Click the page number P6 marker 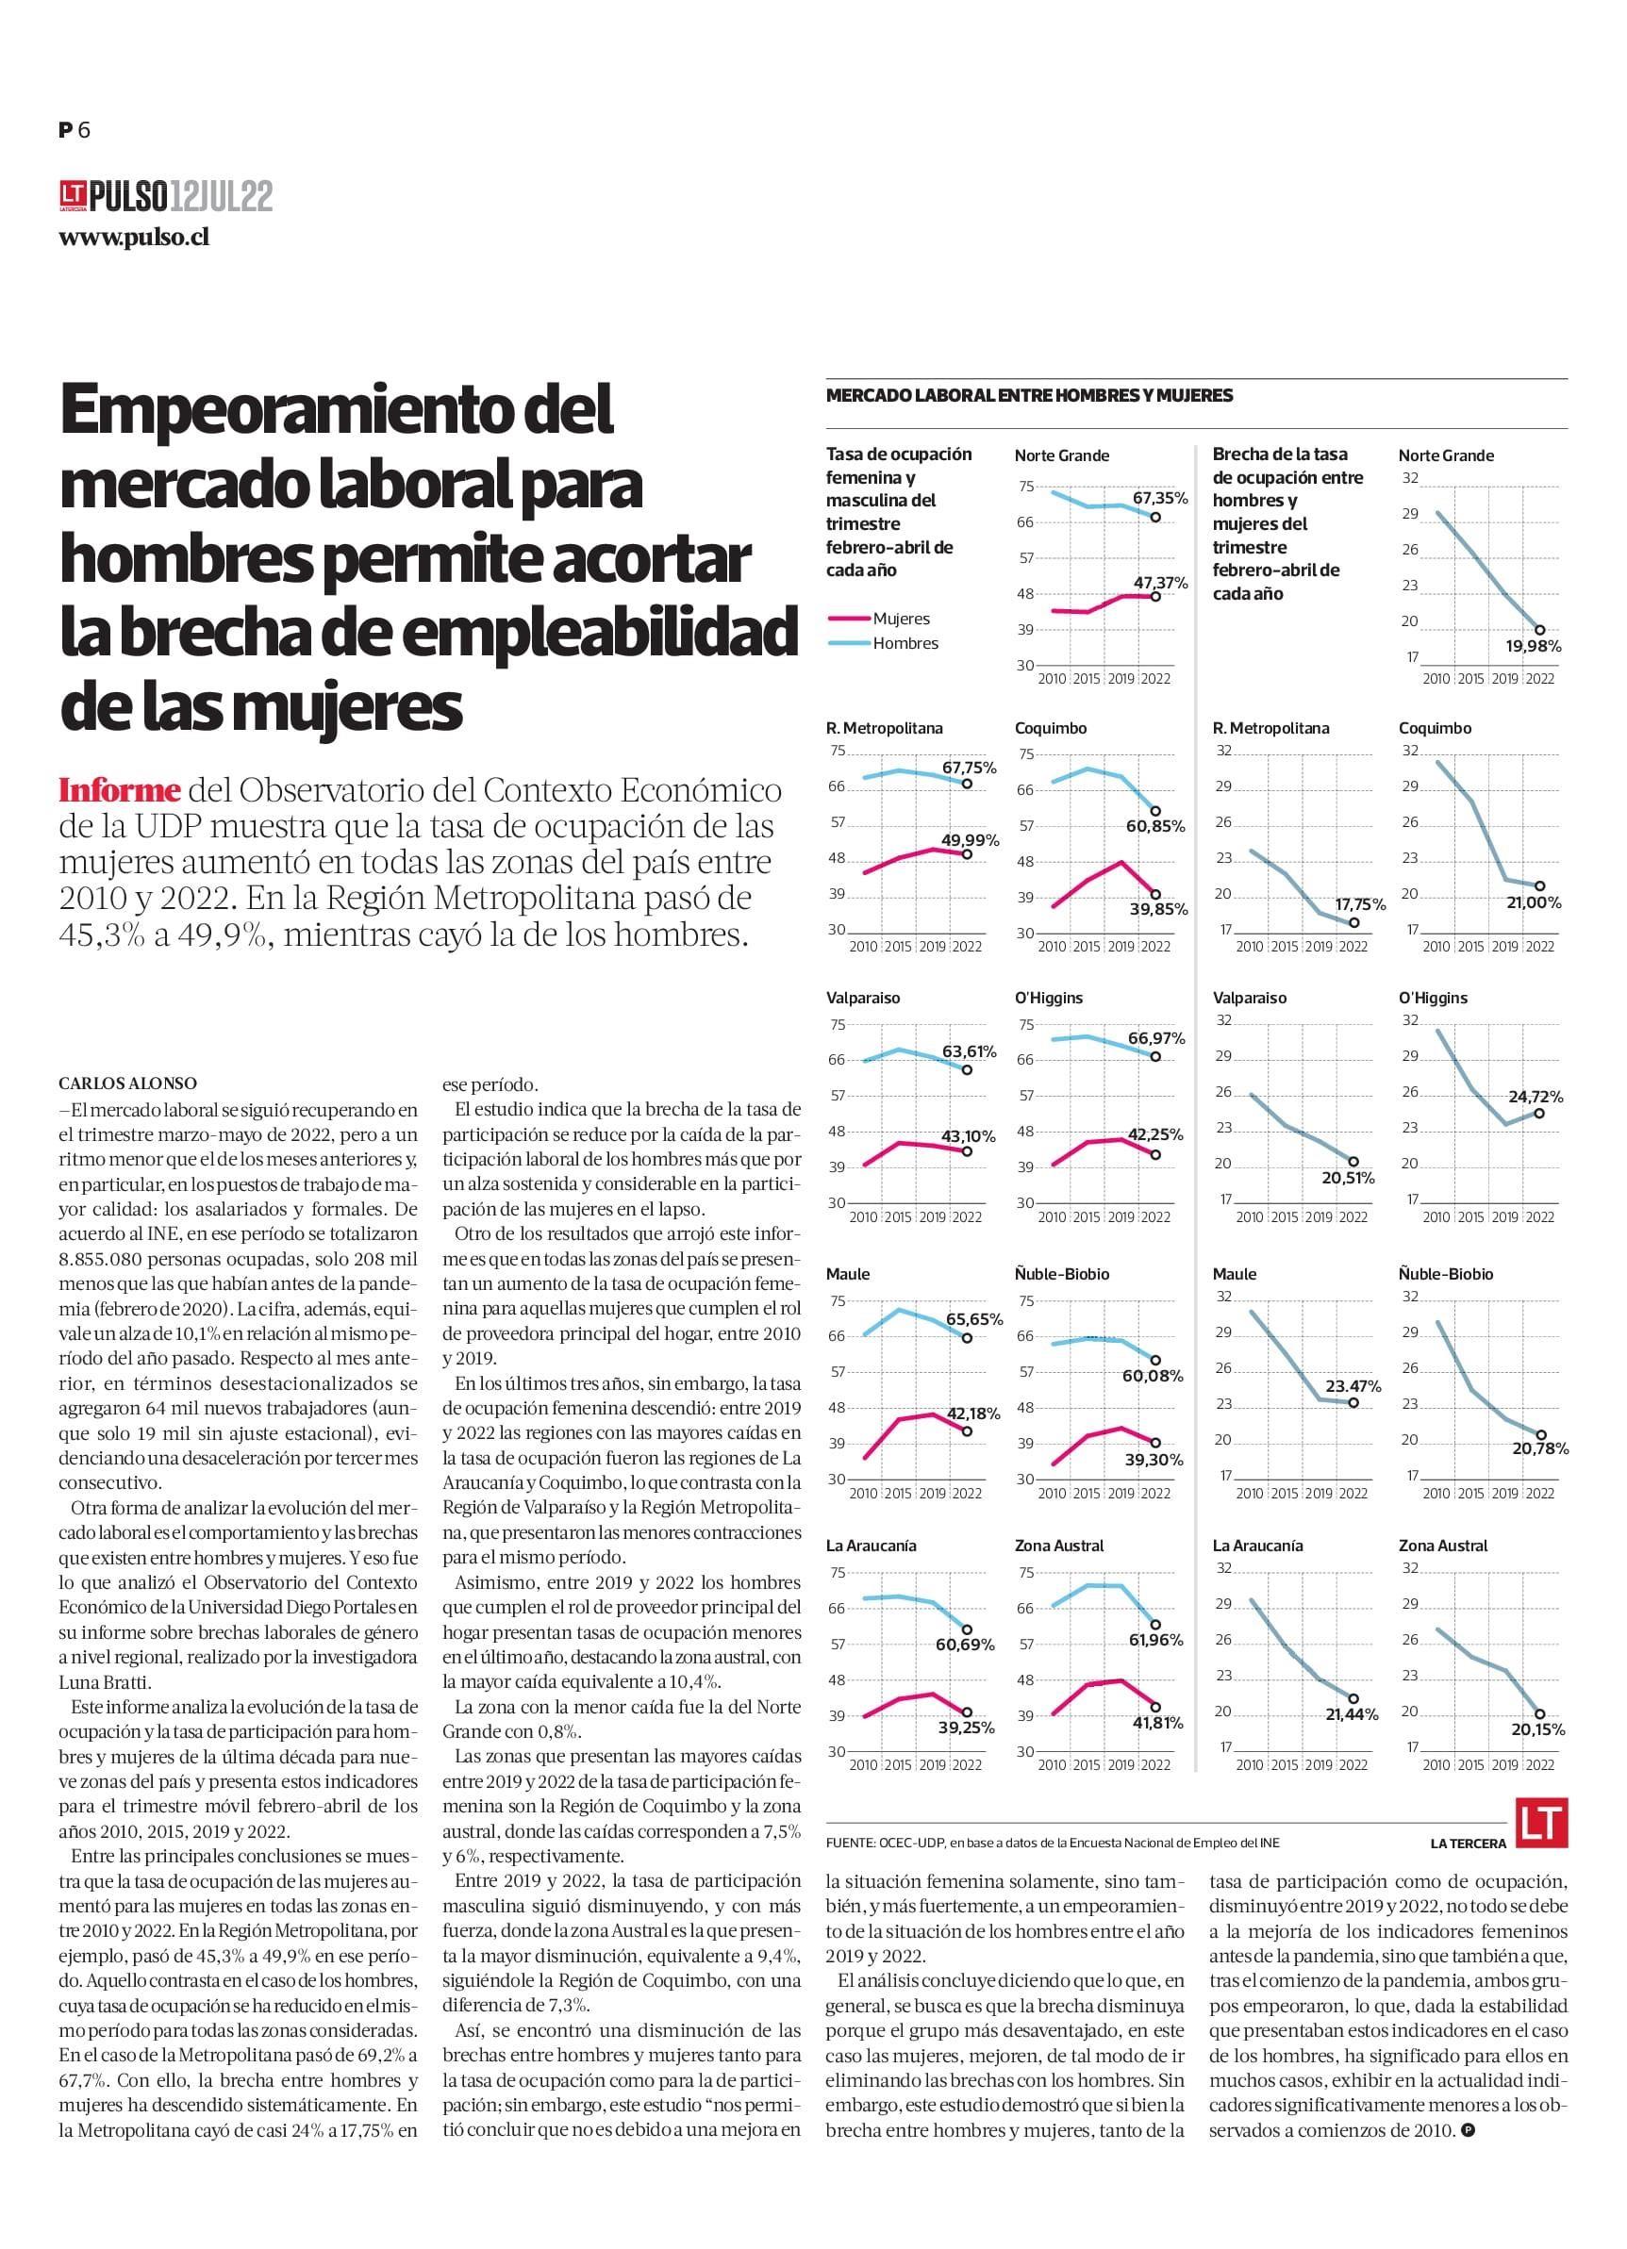point(75,130)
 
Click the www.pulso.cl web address point(134,238)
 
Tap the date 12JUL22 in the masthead point(221,196)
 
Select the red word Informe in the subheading point(120,790)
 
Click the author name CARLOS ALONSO point(128,1083)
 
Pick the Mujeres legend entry point(901,619)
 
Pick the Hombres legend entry point(905,643)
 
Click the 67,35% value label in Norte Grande point(1161,498)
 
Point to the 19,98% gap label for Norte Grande point(1534,646)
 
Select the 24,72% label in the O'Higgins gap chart point(1536,1097)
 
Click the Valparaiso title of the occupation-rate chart point(863,998)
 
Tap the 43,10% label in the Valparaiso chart point(970,1136)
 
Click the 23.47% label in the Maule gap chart point(1353,1386)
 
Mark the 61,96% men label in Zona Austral point(1156,1640)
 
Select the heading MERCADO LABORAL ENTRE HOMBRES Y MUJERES point(1029,396)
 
